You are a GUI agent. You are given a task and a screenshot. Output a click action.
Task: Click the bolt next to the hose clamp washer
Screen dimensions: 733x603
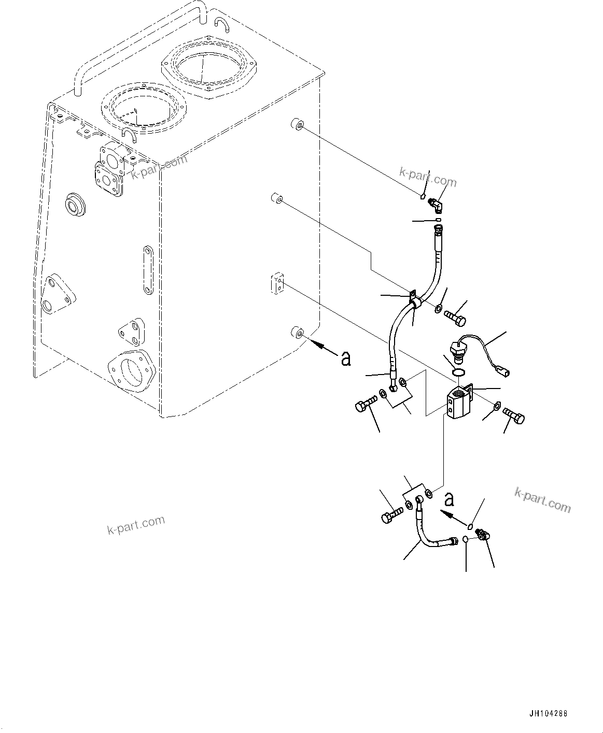[456, 314]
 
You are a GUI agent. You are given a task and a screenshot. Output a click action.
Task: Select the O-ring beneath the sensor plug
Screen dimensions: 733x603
[457, 372]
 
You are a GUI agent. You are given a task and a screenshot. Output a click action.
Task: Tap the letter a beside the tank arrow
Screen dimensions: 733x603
[346, 358]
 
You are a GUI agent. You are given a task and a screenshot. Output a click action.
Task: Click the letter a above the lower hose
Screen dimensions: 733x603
[450, 499]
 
